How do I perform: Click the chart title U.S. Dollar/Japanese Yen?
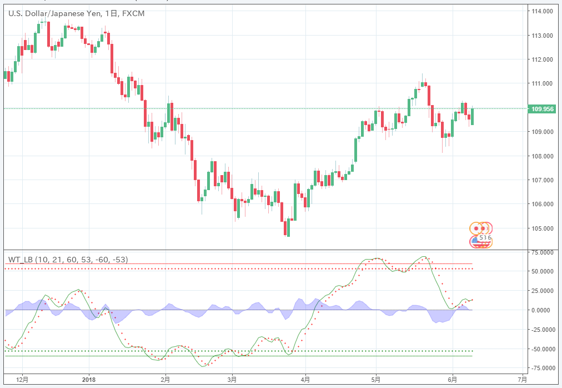click(54, 13)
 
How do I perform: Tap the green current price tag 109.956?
click(541, 109)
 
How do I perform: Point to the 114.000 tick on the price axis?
click(542, 11)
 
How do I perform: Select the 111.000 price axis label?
click(542, 83)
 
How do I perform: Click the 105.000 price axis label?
click(542, 228)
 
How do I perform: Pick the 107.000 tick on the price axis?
click(542, 180)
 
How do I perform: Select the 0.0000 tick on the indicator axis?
click(543, 310)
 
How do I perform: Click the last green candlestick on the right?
click(473, 116)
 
